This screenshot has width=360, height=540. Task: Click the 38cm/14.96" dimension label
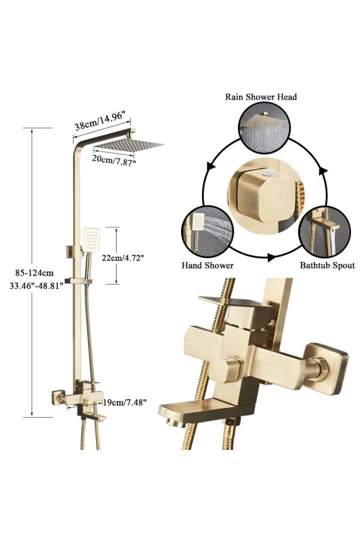[x=99, y=120]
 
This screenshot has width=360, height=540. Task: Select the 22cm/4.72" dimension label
[x=122, y=258]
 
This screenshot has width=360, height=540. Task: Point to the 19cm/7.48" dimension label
[x=125, y=402]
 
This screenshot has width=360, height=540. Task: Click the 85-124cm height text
[x=34, y=273]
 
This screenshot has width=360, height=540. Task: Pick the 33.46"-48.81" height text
[x=36, y=285]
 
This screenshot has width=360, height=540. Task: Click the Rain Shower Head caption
[x=261, y=97]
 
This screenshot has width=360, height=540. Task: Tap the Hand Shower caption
[x=207, y=266]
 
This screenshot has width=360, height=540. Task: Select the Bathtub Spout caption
[x=327, y=266]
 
